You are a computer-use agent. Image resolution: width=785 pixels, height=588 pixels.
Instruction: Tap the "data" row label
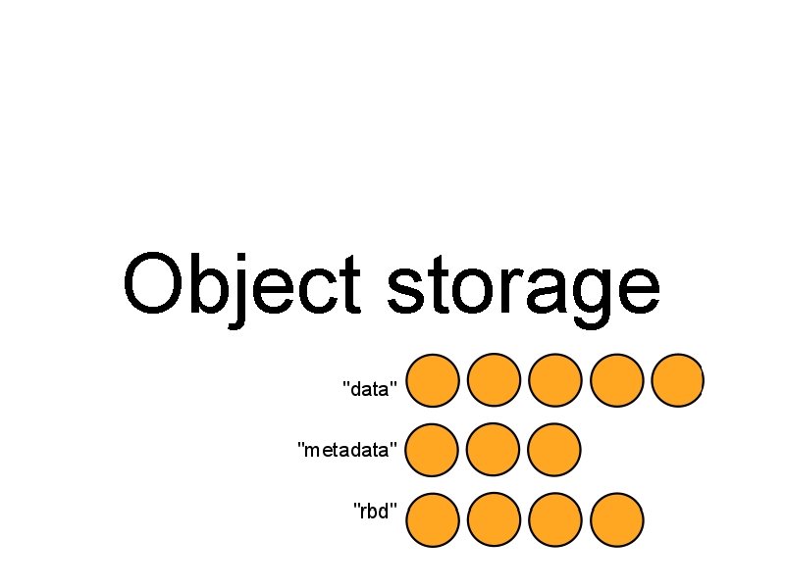[x=369, y=389]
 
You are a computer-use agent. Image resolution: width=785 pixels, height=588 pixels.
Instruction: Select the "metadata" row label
[x=347, y=450]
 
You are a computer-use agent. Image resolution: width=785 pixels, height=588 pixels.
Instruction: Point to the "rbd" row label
[x=375, y=511]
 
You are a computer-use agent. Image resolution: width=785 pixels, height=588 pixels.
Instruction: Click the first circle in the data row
[x=433, y=380]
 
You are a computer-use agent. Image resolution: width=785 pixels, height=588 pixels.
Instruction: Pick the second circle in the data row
[x=494, y=380]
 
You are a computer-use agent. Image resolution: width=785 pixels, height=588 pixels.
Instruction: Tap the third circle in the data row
[x=554, y=380]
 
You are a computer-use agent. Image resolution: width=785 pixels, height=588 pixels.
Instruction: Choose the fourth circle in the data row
[x=617, y=380]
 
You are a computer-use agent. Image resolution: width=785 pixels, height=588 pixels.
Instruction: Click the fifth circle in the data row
[x=677, y=380]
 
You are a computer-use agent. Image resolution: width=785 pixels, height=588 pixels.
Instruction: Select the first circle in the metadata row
[x=433, y=451]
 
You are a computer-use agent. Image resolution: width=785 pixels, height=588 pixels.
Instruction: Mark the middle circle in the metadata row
[x=494, y=451]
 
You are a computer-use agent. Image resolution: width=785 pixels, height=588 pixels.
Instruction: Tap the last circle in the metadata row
[x=554, y=451]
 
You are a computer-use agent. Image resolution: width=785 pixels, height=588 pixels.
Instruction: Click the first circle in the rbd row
[x=433, y=520]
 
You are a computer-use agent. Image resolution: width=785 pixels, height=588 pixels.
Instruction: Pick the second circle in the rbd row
[x=494, y=520]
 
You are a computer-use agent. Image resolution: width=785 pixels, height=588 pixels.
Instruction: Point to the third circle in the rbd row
[x=554, y=520]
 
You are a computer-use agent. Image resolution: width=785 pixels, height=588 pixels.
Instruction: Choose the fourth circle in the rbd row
[x=617, y=520]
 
